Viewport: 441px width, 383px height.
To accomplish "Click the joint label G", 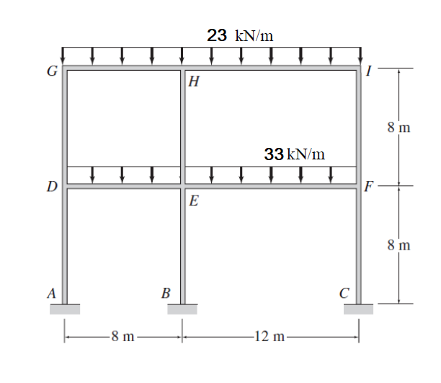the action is pyautogui.click(x=52, y=71).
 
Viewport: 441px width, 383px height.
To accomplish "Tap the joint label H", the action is pyautogui.click(x=194, y=82).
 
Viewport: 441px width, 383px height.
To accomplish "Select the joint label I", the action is pyautogui.click(x=369, y=71).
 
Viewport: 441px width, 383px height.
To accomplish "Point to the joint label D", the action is pyautogui.click(x=52, y=186).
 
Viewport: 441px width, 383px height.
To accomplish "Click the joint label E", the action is pyautogui.click(x=194, y=201).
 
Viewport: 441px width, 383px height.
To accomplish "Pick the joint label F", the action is pyautogui.click(x=369, y=186).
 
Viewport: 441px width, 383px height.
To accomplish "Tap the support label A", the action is pyautogui.click(x=51, y=293).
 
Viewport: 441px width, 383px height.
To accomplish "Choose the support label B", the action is pyautogui.click(x=166, y=293).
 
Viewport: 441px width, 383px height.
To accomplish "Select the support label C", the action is pyautogui.click(x=344, y=293).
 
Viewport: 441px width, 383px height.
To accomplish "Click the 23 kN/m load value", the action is pyautogui.click(x=240, y=35).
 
